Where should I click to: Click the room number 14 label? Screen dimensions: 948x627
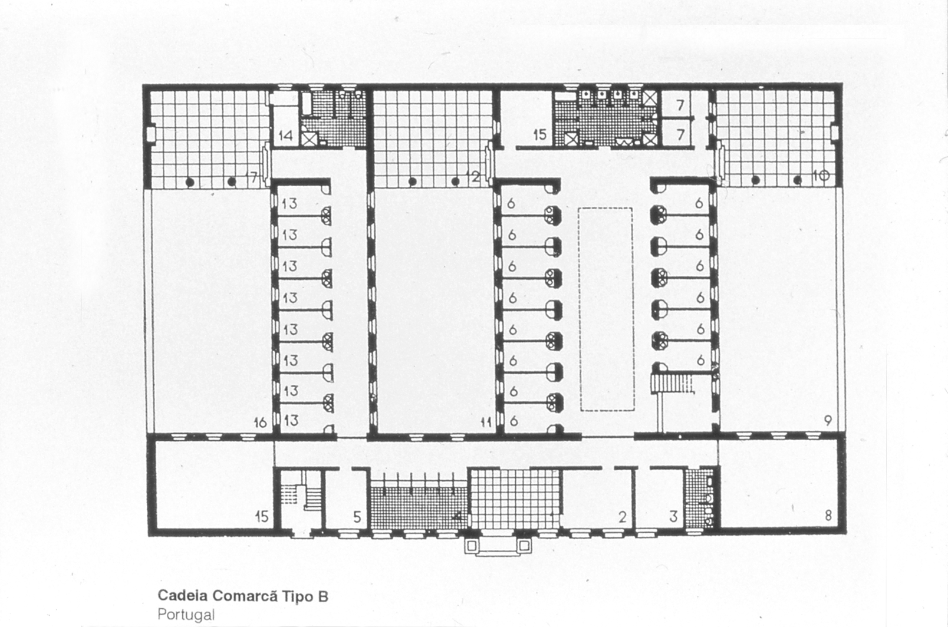pos(286,136)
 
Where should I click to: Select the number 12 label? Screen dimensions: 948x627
pos(473,176)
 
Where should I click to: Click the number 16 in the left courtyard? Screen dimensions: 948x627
pos(261,423)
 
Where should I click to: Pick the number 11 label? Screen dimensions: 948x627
pos(486,423)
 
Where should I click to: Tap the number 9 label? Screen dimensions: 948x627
pos(828,421)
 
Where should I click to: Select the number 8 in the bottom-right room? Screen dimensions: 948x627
pos(828,515)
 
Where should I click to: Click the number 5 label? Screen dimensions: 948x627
pos(357,517)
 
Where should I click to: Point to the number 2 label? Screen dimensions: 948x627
pos(622,517)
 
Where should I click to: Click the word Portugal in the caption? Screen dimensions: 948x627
pos(186,614)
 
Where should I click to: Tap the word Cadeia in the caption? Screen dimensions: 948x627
pos(183,596)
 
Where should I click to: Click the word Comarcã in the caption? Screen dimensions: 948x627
pos(245,595)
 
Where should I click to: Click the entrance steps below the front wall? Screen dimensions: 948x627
pos(498,546)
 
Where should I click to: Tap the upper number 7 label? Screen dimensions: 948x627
pos(680,105)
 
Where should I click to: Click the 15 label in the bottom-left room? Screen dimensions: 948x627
pos(262,517)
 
